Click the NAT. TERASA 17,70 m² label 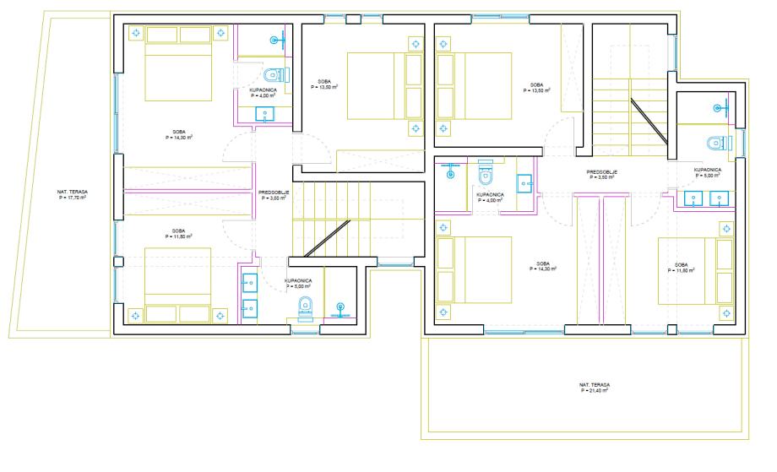coord(73,195)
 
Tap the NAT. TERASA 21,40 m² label coord(595,388)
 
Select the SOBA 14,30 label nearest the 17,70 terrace coord(179,135)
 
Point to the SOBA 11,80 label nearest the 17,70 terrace coord(179,234)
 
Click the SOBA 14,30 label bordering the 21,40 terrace coord(543,267)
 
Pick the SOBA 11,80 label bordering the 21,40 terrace coord(682,268)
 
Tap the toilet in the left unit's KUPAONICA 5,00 coord(306,308)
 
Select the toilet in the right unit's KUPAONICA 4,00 coord(486,171)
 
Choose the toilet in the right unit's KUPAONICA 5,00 coord(719,144)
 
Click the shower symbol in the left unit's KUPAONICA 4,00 coord(278,40)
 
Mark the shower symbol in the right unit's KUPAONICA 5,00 coord(720,107)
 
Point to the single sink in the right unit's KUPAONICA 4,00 coord(524,183)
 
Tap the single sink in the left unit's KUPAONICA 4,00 coord(264,114)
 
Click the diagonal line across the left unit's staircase coord(328,238)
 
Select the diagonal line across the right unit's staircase coord(649,122)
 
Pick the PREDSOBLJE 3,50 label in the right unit coord(602,174)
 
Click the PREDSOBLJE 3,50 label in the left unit coord(274,195)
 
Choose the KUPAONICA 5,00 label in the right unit coord(708,172)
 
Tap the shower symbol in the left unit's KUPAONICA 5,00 coord(340,310)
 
